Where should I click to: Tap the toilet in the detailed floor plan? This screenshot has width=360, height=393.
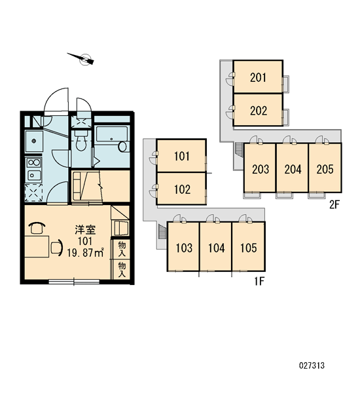point(81,141)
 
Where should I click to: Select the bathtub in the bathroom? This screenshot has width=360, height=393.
point(112,139)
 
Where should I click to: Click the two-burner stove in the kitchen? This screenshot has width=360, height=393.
point(34,162)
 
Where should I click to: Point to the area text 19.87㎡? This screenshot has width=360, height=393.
point(85,253)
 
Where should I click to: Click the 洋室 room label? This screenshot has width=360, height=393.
point(85,230)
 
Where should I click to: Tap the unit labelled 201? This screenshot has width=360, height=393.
point(258,77)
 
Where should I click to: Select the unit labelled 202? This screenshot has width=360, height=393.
point(258,110)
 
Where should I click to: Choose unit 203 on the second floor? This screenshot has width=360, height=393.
point(260,168)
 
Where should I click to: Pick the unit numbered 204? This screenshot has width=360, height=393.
point(293,168)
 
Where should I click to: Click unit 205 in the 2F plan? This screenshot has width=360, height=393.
point(325,168)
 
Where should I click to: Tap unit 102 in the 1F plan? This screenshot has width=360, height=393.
point(181,189)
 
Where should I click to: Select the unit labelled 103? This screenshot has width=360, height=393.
point(183,246)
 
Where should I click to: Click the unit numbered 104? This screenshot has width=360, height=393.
point(216,246)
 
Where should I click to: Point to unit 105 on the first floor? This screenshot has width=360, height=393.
point(248,246)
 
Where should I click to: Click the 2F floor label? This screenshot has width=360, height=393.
point(334,205)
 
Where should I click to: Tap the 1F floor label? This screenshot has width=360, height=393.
point(260,282)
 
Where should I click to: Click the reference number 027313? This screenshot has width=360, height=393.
point(312,365)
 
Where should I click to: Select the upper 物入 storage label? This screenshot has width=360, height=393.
point(122,249)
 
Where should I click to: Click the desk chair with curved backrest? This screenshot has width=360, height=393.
point(57,248)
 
